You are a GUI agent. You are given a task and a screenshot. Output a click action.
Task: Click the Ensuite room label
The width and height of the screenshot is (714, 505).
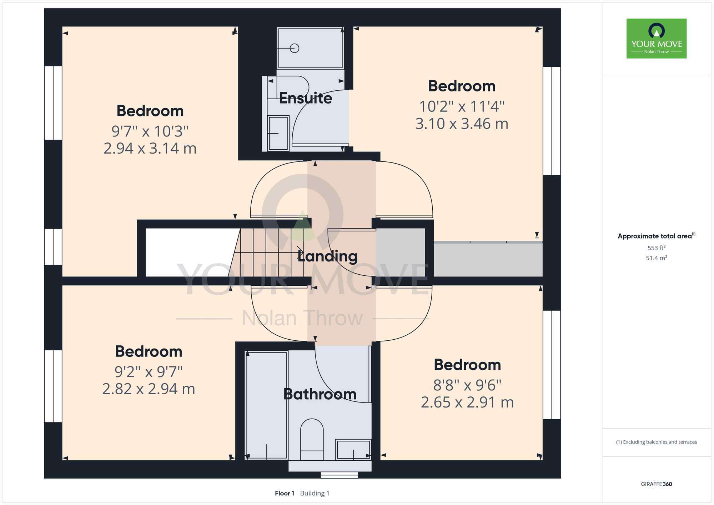[x=306, y=98]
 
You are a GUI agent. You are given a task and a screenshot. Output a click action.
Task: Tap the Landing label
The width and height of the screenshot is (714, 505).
[x=327, y=256]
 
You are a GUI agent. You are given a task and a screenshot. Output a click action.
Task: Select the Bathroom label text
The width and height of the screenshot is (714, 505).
[x=320, y=394]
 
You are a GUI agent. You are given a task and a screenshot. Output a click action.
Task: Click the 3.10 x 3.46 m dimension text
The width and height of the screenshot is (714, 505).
[x=462, y=124]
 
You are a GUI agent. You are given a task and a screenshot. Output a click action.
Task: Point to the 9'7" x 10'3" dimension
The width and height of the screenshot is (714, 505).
[x=150, y=131]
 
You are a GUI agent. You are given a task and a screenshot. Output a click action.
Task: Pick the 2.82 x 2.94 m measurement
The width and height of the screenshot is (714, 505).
[x=149, y=389]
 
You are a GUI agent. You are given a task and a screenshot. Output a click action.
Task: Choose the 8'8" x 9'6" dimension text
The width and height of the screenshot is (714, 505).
[x=467, y=385]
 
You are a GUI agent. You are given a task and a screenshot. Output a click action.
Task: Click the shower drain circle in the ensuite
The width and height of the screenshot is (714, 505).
[x=295, y=48]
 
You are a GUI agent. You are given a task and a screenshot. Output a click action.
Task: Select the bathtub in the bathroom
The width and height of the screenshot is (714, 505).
[x=267, y=405]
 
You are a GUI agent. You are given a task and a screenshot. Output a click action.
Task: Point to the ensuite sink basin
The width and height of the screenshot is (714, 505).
[x=278, y=133]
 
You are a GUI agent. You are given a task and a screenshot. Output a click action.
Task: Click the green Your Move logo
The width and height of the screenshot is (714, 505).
[x=657, y=39]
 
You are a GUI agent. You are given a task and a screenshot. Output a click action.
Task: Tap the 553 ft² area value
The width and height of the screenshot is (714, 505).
[x=657, y=248]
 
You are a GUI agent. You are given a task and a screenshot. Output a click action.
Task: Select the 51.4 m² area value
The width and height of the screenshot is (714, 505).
[x=657, y=258]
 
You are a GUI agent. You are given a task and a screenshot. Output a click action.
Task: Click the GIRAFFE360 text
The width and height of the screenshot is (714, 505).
[x=657, y=484]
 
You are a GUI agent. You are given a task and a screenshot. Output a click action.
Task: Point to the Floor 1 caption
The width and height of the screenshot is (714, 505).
[x=285, y=493]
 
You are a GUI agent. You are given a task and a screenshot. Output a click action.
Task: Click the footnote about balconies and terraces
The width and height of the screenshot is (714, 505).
[x=657, y=442]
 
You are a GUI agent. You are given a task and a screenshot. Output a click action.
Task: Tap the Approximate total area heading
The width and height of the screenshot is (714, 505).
[x=657, y=236]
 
